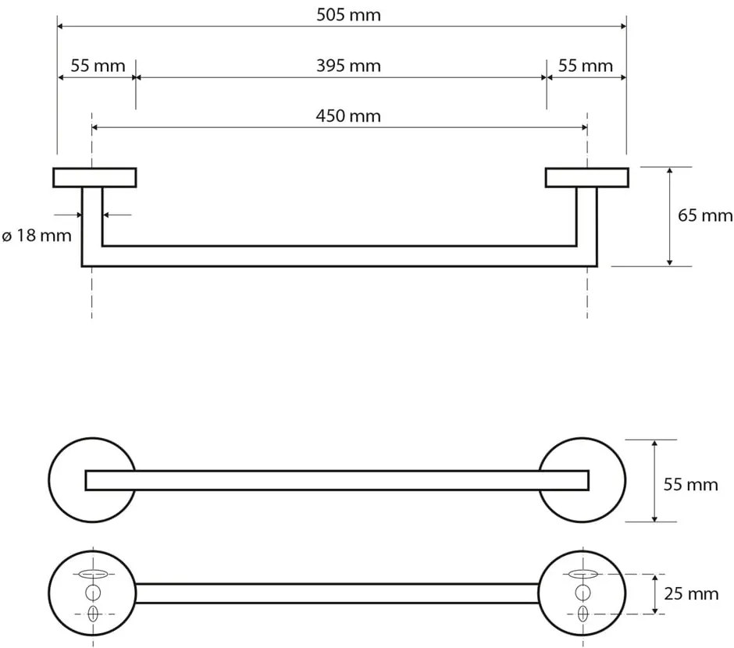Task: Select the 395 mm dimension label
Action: tap(348, 66)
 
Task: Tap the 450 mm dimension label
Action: tap(348, 116)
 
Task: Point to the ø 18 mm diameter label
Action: tap(37, 235)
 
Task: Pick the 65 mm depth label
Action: tap(705, 215)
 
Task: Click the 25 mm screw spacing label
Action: tap(689, 594)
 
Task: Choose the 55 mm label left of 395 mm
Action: tap(98, 66)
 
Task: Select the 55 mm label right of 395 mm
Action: tap(586, 66)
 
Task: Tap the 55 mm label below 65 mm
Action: tap(689, 485)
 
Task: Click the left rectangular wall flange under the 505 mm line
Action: tap(94, 177)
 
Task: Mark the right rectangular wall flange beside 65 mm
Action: tap(586, 177)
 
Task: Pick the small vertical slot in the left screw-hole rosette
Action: tap(92, 614)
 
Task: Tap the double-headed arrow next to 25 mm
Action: tap(654, 594)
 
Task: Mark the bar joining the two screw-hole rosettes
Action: tap(337, 593)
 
